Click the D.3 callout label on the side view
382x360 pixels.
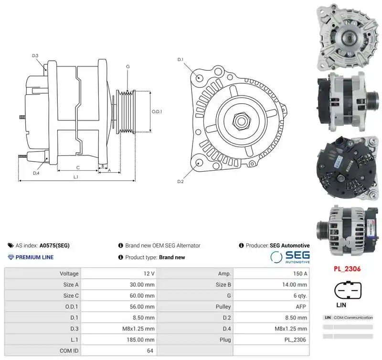pyautogui.click(x=35, y=55)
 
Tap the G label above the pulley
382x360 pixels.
pyautogui.click(x=127, y=66)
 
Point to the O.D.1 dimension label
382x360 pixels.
pyautogui.click(x=157, y=112)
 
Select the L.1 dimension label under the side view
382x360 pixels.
pyautogui.click(x=76, y=177)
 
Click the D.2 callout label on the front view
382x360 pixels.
pyautogui.click(x=180, y=182)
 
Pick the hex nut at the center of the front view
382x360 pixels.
pyautogui.click(x=241, y=120)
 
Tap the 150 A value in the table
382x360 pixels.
pyautogui.click(x=300, y=273)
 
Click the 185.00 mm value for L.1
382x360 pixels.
pyautogui.click(x=140, y=339)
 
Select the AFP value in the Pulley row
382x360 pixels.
pyautogui.click(x=301, y=306)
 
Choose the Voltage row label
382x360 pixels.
pyautogui.click(x=69, y=273)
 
